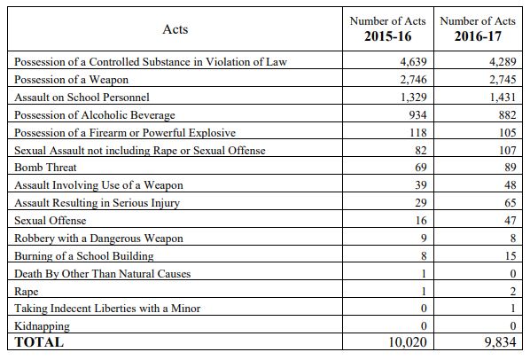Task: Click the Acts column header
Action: tap(175, 29)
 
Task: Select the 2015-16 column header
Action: tap(389, 30)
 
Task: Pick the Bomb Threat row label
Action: tap(45, 167)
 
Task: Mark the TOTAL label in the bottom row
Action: tap(39, 342)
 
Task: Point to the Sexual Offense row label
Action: tap(51, 220)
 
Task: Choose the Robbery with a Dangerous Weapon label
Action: tap(98, 238)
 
